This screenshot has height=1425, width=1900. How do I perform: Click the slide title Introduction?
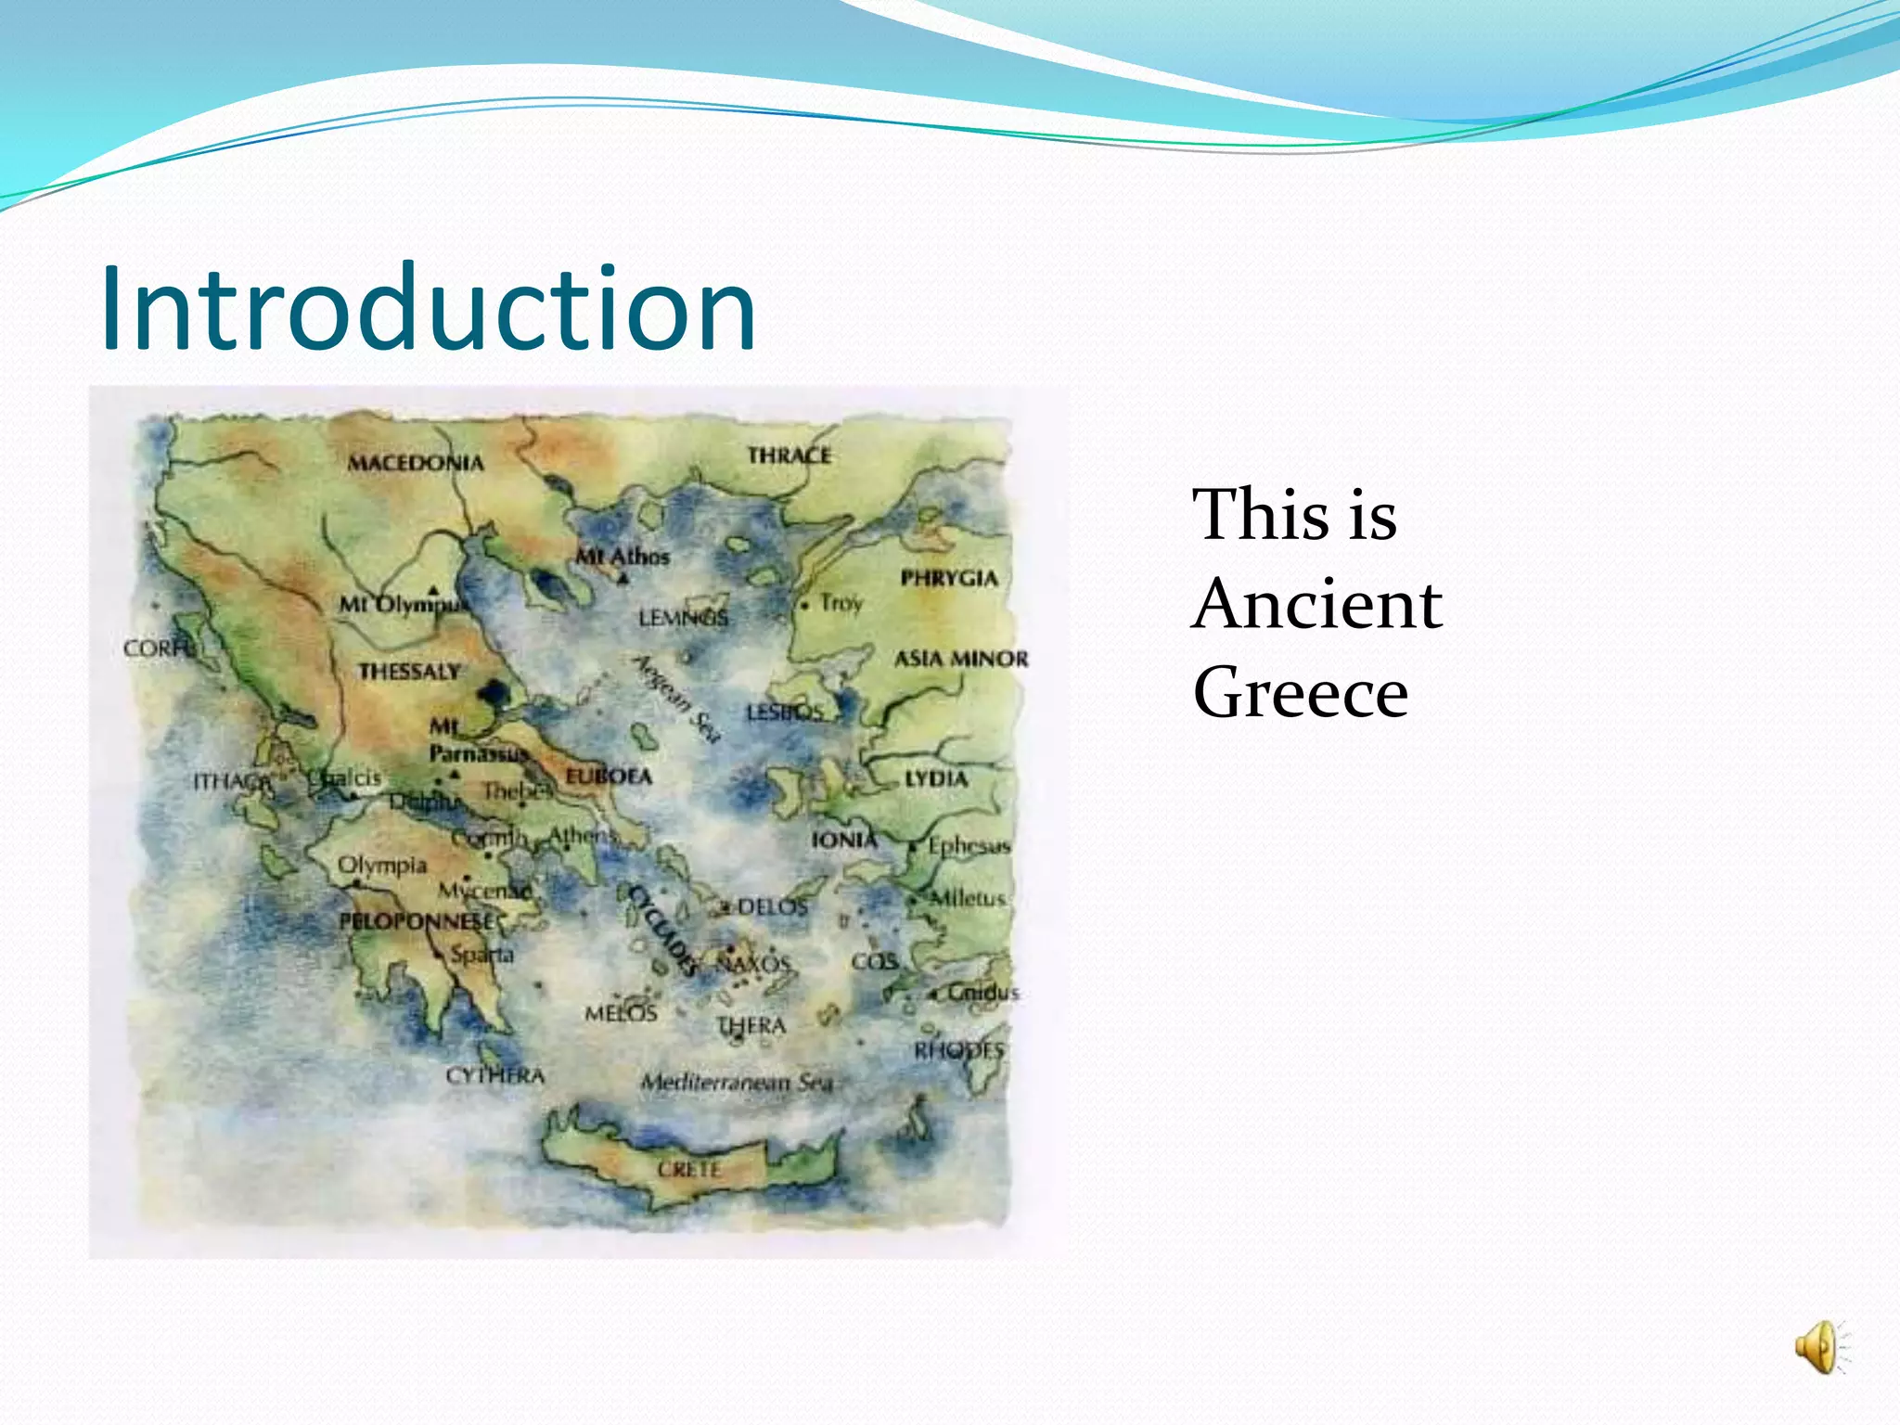tap(428, 309)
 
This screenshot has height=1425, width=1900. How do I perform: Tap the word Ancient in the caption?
tap(1317, 605)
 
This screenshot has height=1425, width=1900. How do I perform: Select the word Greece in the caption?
tap(1301, 693)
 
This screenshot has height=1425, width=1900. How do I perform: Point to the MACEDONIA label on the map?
tap(416, 462)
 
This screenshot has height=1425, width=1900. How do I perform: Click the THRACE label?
tap(790, 456)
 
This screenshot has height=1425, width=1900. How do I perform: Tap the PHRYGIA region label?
tap(949, 578)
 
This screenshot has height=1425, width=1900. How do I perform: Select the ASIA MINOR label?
tap(961, 659)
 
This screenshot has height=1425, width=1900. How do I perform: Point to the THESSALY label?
tap(409, 671)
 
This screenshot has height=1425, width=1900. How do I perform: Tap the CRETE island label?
tap(689, 1169)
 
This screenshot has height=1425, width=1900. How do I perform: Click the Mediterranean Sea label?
tap(737, 1082)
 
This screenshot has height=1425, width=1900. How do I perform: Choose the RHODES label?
tap(959, 1050)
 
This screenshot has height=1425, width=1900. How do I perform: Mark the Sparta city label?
tap(481, 954)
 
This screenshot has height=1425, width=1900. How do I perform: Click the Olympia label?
tap(381, 865)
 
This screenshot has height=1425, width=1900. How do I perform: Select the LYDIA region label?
tap(936, 778)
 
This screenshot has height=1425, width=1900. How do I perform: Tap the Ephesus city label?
tap(969, 845)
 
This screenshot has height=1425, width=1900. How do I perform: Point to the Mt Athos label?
tap(623, 557)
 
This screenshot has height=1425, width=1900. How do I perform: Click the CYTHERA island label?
tap(494, 1075)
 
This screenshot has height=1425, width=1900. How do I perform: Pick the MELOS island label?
tap(621, 1013)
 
